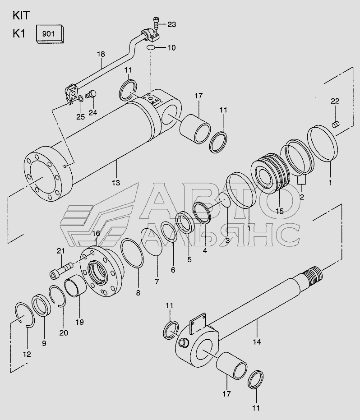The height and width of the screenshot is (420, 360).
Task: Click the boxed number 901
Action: tap(48, 34)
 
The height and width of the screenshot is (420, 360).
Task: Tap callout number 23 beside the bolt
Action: tap(172, 24)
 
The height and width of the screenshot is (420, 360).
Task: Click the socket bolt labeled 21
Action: tap(61, 270)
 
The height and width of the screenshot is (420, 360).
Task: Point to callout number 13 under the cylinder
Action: tap(116, 183)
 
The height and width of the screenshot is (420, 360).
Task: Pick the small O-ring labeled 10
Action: tap(151, 48)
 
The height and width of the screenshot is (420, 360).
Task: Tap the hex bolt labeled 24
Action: tap(91, 95)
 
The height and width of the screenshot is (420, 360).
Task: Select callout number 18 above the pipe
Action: tap(101, 54)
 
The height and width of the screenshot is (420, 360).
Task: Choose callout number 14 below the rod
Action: tap(257, 342)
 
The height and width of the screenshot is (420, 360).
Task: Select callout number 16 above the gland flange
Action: tap(96, 233)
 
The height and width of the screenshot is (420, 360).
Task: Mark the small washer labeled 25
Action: tap(81, 99)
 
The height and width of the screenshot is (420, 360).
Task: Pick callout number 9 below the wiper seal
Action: tap(44, 343)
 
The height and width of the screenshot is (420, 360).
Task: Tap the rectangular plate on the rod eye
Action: tap(198, 324)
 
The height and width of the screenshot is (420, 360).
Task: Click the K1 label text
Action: tap(19, 34)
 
